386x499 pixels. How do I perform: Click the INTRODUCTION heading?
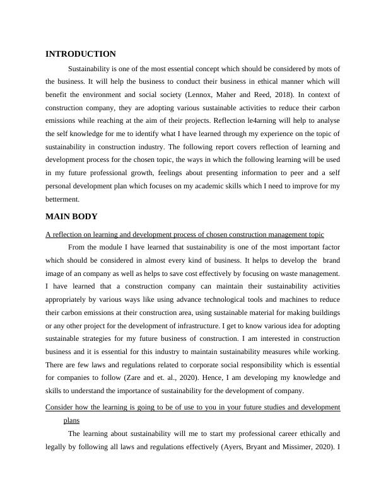[81, 54]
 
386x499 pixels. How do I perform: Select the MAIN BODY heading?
[71, 217]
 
